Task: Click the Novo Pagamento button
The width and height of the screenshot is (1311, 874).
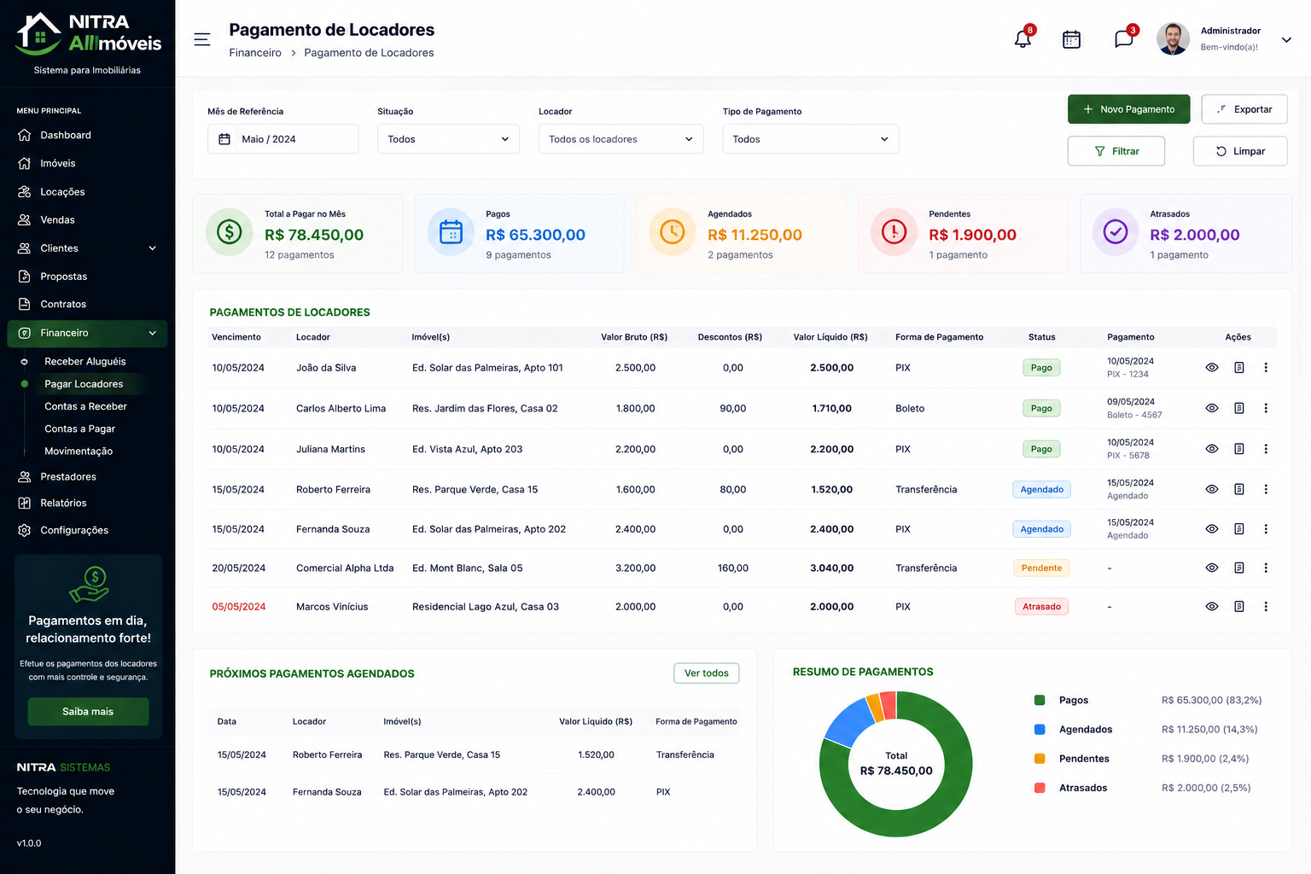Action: click(x=1128, y=109)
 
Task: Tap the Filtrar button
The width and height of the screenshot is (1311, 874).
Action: click(x=1116, y=151)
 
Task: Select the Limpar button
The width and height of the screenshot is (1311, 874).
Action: click(x=1239, y=151)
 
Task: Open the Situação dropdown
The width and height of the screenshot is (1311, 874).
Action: click(x=448, y=139)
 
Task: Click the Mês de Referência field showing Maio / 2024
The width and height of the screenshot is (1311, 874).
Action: click(x=283, y=139)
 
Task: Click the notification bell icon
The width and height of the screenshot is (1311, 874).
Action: click(x=1023, y=38)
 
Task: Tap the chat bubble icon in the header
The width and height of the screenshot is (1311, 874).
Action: click(x=1123, y=38)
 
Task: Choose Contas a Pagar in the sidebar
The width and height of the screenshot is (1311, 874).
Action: click(x=79, y=428)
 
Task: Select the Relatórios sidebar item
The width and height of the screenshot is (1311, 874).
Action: click(x=63, y=503)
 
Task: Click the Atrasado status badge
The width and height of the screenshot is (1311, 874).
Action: click(x=1041, y=607)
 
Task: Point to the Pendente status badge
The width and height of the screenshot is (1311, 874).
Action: click(x=1041, y=568)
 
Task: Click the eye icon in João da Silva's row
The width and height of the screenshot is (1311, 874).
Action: click(x=1211, y=368)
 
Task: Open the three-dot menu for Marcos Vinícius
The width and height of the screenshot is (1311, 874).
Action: click(x=1266, y=607)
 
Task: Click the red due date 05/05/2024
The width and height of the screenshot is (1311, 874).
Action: click(x=239, y=607)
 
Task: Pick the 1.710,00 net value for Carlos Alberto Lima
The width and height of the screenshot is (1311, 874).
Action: click(x=831, y=408)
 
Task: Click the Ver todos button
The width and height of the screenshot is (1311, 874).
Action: click(x=706, y=673)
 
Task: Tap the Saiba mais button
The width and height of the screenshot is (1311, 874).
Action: click(x=88, y=711)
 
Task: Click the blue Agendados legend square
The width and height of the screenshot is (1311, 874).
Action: click(x=1040, y=730)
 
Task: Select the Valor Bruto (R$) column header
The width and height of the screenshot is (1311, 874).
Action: click(x=634, y=337)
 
